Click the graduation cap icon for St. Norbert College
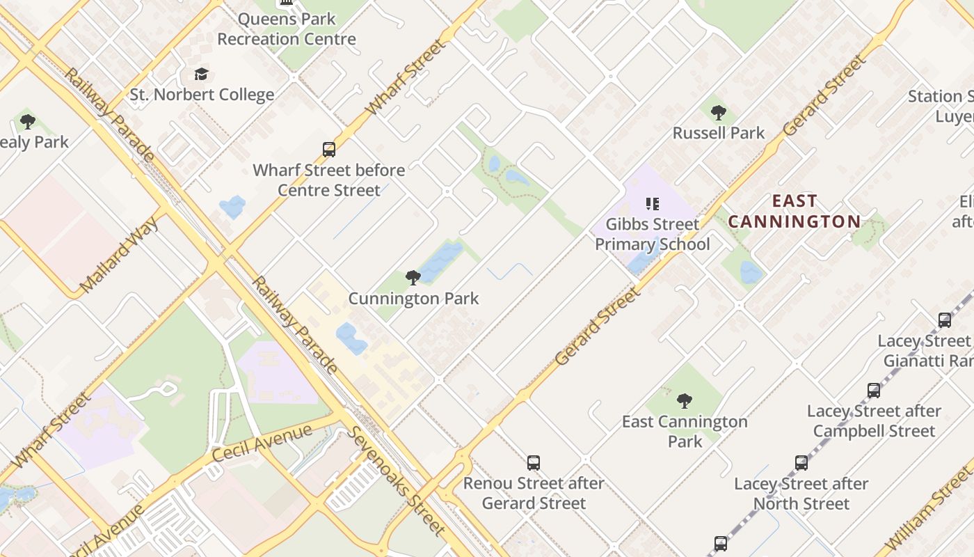(201, 74)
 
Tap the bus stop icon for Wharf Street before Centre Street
(329, 149)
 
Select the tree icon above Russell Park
(719, 112)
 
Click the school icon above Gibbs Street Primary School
(652, 204)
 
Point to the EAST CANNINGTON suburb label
(795, 212)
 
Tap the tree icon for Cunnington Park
(413, 278)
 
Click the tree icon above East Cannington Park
(685, 401)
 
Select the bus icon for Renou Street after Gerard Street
(534, 462)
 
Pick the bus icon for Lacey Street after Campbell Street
(874, 391)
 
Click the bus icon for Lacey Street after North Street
(801, 463)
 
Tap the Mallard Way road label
(120, 255)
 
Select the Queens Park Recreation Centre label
(287, 29)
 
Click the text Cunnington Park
(413, 299)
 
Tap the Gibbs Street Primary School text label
(652, 234)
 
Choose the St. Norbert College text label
(202, 95)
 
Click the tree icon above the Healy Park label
(28, 122)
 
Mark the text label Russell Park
(719, 133)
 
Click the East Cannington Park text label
(685, 431)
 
